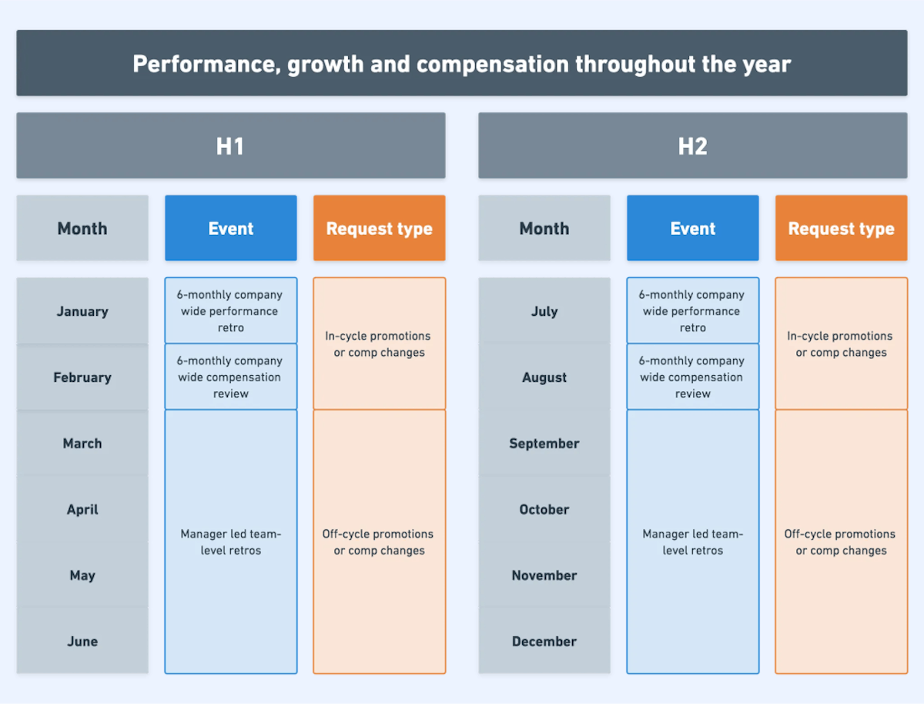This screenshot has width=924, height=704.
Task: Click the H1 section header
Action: [x=230, y=146]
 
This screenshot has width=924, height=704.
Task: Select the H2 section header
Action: [x=692, y=146]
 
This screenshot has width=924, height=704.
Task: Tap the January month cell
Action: [x=82, y=311]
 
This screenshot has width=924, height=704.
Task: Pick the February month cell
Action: [x=82, y=377]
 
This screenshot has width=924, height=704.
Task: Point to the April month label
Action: [x=82, y=509]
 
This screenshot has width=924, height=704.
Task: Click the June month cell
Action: [x=82, y=641]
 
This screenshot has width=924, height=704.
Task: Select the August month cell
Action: [x=544, y=377]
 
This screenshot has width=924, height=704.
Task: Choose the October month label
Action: [x=544, y=509]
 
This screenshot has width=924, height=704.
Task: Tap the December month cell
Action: [x=544, y=641]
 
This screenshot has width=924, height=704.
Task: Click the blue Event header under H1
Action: [x=230, y=228]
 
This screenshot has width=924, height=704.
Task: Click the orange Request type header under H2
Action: [x=841, y=228]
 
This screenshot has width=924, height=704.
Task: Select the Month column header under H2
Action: [x=544, y=228]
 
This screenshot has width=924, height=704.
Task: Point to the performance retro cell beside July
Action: [x=692, y=310]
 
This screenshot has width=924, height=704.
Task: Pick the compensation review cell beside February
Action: [x=230, y=377]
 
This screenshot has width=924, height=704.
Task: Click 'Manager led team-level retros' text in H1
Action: [x=230, y=541]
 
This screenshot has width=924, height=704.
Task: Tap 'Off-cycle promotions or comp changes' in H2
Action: [x=841, y=541]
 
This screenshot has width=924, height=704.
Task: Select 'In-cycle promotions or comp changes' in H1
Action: [x=380, y=344]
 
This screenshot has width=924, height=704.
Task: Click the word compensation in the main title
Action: [x=494, y=63]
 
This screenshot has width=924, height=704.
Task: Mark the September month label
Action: [x=544, y=443]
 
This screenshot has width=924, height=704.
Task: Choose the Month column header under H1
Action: [x=82, y=228]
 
